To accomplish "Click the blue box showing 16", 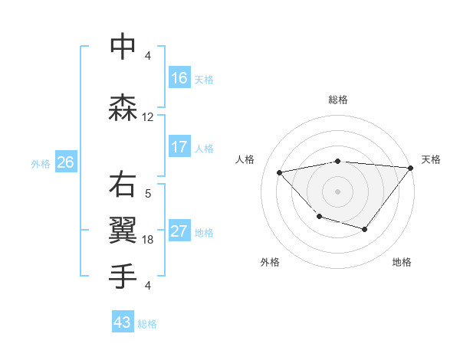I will [x=179, y=78].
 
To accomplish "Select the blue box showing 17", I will [x=179, y=147].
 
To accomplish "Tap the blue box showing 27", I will [x=179, y=232].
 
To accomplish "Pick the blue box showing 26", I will [x=65, y=162].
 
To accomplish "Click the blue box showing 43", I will [x=122, y=322].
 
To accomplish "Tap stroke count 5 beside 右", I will [x=148, y=194].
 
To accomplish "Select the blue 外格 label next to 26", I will [x=41, y=163].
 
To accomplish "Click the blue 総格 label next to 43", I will [x=147, y=324].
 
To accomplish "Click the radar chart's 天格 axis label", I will [x=431, y=159].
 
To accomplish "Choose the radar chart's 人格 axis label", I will [x=245, y=159].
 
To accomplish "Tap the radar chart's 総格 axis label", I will [x=338, y=100].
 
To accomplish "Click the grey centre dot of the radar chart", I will [x=338, y=191].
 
